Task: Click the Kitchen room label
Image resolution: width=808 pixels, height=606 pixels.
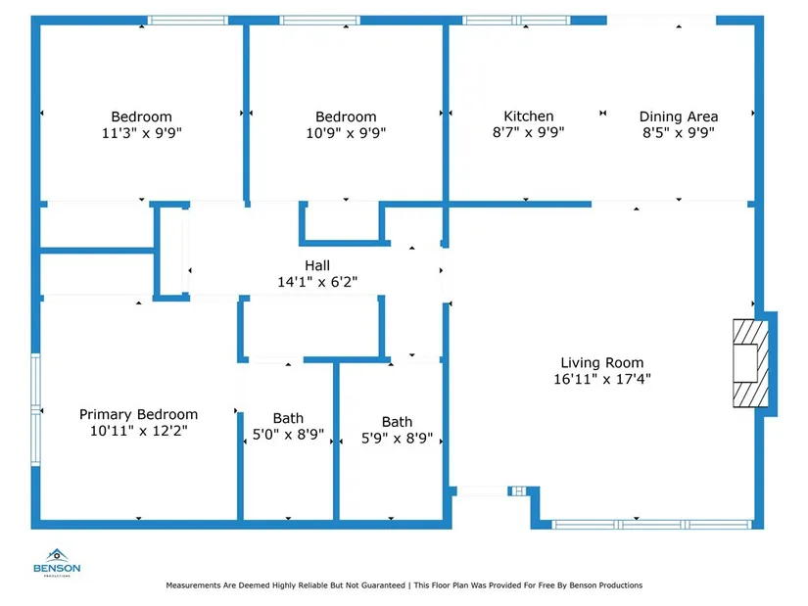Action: pyautogui.click(x=528, y=117)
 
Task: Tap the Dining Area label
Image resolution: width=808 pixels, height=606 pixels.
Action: pyautogui.click(x=679, y=117)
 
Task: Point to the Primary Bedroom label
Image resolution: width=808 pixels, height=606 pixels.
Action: pyautogui.click(x=138, y=414)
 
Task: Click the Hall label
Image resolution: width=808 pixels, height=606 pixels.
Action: pyautogui.click(x=317, y=265)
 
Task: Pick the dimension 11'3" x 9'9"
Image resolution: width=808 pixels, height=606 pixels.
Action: pyautogui.click(x=141, y=133)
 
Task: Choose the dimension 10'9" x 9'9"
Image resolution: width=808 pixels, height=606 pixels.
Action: pyautogui.click(x=346, y=133)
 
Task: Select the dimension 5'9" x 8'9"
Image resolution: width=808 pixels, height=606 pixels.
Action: pyautogui.click(x=397, y=438)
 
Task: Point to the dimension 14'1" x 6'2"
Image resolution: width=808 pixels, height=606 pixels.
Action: pyautogui.click(x=317, y=282)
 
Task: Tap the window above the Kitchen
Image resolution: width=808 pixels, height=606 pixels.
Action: pyautogui.click(x=515, y=20)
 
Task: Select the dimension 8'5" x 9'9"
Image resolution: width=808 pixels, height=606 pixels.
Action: pyautogui.click(x=679, y=133)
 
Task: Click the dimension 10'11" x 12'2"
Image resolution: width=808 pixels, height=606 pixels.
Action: pyautogui.click(x=138, y=431)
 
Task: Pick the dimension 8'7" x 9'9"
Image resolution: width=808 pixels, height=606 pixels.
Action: pyautogui.click(x=528, y=133)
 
